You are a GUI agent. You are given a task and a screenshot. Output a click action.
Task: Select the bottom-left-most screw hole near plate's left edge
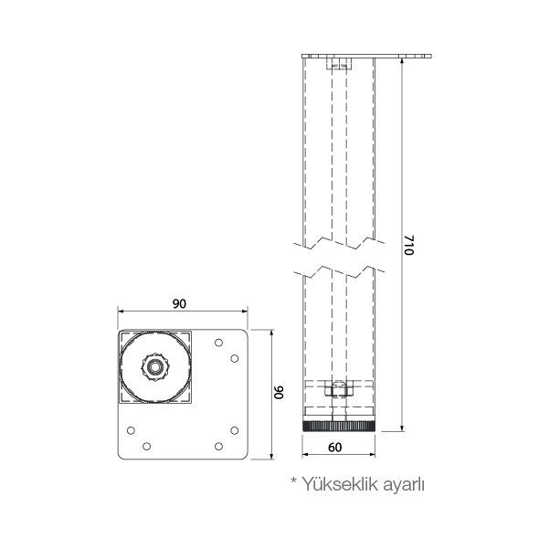[132, 429]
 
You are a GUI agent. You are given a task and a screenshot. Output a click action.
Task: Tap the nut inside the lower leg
[338, 390]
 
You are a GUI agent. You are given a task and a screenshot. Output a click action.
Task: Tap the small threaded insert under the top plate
[338, 66]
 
